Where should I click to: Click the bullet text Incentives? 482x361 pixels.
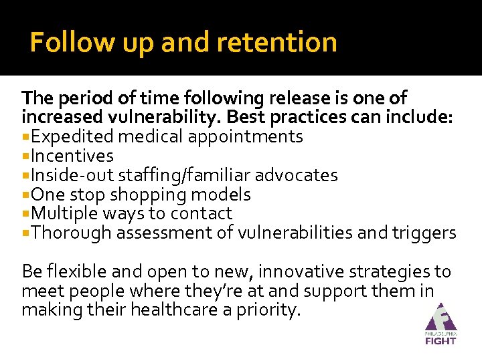pyautogui.click(x=72, y=156)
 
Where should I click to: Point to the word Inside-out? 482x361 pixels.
pyautogui.click(x=73, y=175)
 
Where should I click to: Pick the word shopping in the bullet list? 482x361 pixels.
pyautogui.click(x=148, y=195)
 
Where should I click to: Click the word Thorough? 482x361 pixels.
pyautogui.click(x=72, y=233)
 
